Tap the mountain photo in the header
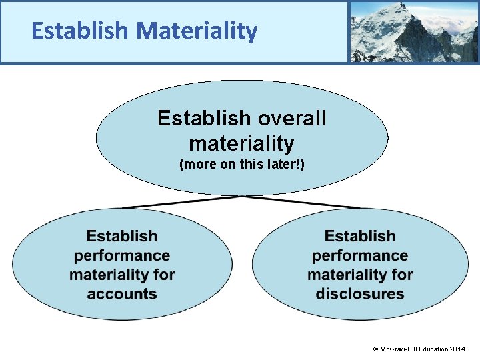(413, 31)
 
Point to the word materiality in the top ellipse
(241, 143)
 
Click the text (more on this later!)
(241, 164)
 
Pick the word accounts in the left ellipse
(122, 294)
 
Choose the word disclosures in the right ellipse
(360, 294)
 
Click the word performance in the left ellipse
(122, 255)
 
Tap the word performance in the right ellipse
(360, 255)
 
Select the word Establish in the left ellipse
(122, 236)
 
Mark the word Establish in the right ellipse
(360, 236)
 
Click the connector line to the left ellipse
(180, 202)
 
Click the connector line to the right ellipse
(303, 202)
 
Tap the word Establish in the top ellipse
(197, 119)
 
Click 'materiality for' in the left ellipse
(122, 275)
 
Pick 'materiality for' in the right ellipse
(360, 275)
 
